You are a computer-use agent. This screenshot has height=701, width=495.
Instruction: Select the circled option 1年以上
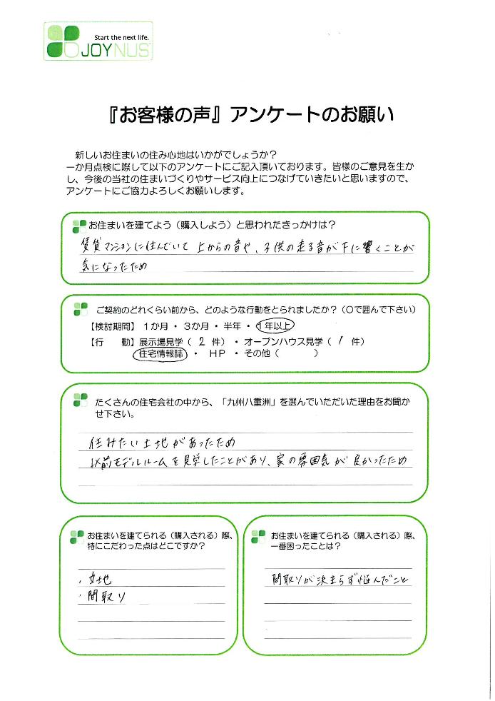click(278, 326)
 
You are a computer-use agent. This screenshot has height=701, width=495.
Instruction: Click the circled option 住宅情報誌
click(159, 355)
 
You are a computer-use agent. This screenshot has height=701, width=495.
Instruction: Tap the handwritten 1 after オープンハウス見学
click(342, 341)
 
